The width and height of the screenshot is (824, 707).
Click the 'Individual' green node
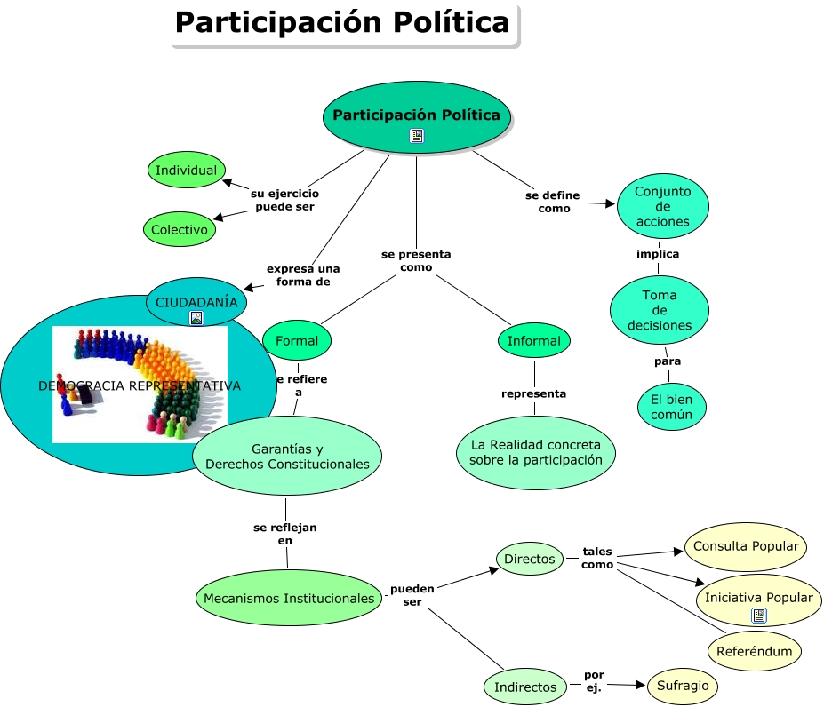[x=187, y=170]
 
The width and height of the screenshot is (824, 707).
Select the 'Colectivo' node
[x=180, y=229]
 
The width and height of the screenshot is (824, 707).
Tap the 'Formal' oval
[x=297, y=340]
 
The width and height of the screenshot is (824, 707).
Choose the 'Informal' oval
[x=534, y=340]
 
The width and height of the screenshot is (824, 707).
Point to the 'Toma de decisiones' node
[x=659, y=310]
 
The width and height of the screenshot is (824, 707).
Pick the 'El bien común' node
[x=672, y=408]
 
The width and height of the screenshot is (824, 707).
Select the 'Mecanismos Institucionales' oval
[x=289, y=598]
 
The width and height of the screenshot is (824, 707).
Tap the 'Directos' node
[x=530, y=559]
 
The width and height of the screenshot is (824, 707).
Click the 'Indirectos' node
[x=525, y=687]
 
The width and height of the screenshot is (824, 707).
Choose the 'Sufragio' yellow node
[x=682, y=685]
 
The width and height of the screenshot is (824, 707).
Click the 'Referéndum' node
[x=755, y=651]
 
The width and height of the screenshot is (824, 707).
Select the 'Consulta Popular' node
[x=746, y=546]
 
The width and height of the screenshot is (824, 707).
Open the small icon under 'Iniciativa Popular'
[x=759, y=615]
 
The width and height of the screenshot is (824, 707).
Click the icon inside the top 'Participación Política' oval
[x=417, y=135]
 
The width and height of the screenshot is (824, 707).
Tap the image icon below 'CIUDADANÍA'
[x=196, y=318]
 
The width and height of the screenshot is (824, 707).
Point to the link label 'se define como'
[x=552, y=202]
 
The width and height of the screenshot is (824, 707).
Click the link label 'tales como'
[x=597, y=558]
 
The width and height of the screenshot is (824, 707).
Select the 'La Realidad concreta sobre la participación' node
[x=536, y=451]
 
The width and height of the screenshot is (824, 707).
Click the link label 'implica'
[x=658, y=254]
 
